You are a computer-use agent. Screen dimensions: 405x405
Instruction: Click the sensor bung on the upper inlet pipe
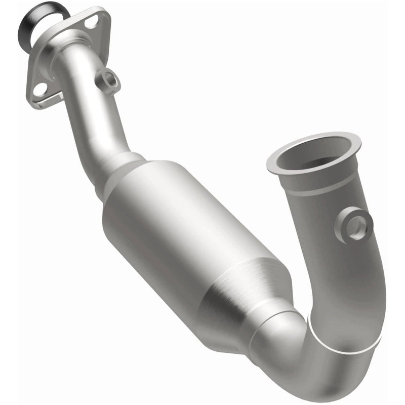108,79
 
